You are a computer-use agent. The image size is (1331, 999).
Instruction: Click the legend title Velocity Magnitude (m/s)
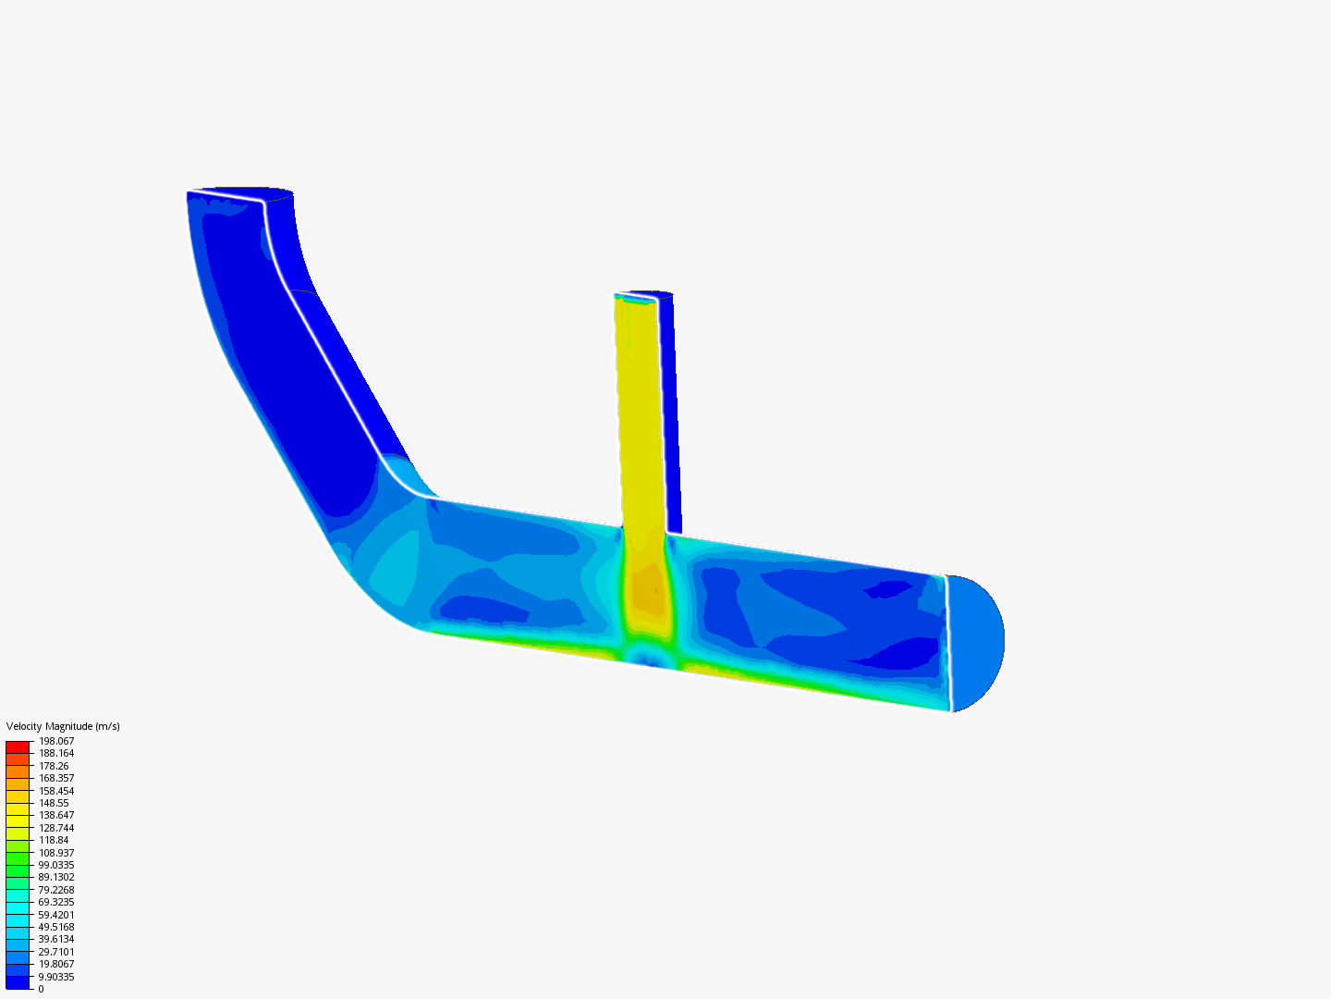point(63,726)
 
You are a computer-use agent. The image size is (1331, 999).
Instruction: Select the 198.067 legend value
point(56,741)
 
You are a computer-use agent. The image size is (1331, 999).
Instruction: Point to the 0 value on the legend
point(41,989)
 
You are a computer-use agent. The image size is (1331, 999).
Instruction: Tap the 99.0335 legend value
point(56,865)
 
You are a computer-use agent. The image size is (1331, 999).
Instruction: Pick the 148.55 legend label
point(54,803)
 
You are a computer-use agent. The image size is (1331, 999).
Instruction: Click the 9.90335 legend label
point(56,977)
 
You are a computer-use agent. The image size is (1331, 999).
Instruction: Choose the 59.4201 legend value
point(56,915)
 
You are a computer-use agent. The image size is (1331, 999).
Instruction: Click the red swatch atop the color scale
point(18,746)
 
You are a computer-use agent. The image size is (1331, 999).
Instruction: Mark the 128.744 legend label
point(56,828)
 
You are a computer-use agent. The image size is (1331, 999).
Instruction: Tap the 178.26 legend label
point(54,766)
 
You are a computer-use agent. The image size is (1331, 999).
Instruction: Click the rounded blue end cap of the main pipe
point(977,643)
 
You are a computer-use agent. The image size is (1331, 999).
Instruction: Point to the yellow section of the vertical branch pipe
point(641,416)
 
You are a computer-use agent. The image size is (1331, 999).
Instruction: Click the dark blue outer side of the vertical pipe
point(672,416)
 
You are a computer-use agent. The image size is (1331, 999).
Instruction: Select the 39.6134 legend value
point(56,939)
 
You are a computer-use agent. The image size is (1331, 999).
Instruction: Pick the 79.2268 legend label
point(56,890)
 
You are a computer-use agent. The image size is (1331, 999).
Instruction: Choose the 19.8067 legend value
point(56,964)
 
